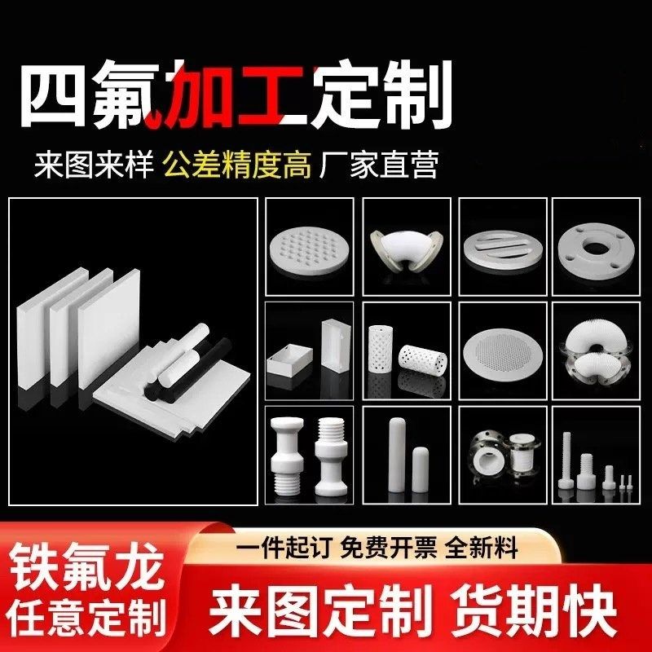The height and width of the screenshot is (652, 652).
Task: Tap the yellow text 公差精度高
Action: (237, 165)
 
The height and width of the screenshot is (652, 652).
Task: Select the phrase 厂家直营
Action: (381, 165)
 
